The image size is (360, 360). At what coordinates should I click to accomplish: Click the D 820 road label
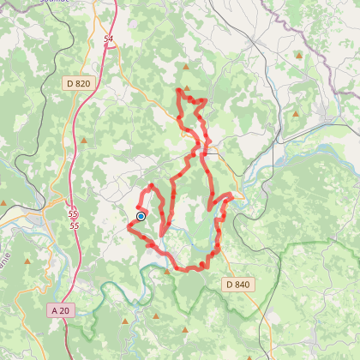point(76,83)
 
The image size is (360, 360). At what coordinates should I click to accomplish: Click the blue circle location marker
point(141,217)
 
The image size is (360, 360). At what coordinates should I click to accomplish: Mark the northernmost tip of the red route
point(178,89)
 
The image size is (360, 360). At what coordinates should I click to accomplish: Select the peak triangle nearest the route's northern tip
point(186,64)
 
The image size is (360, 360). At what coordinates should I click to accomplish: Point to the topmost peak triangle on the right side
point(298,56)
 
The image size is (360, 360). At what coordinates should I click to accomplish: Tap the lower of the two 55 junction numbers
point(75,225)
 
